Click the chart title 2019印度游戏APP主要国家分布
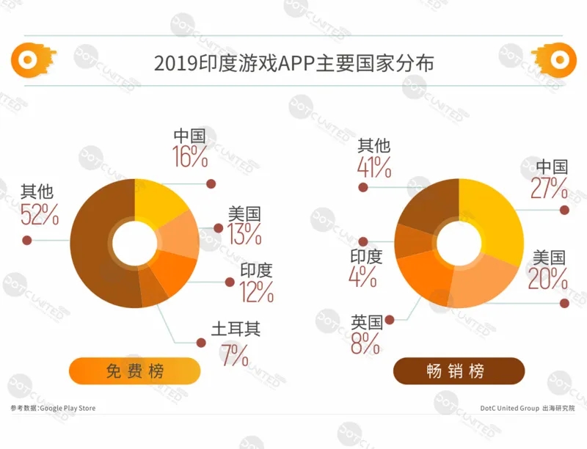293,63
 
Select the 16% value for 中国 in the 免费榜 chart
191,156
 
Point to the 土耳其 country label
236,329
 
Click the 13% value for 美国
244,234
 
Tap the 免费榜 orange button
135,371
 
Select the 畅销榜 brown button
459,371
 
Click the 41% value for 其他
373,168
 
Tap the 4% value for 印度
364,277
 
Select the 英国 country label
366,321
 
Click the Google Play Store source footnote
53,408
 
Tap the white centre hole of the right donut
459,242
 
